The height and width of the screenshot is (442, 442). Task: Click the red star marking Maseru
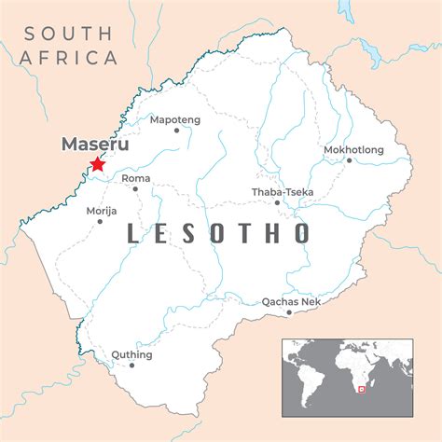point(96,165)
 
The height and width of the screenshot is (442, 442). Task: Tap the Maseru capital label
point(94,145)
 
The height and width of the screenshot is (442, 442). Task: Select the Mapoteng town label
point(174,118)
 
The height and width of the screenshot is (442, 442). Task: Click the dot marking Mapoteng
point(176,131)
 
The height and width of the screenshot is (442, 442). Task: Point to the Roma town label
point(135,176)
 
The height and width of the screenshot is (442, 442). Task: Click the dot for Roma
point(135,188)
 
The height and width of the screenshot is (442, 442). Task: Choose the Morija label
point(102,211)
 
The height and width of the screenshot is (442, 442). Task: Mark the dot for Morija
point(102,222)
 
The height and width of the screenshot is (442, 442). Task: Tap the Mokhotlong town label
point(352,148)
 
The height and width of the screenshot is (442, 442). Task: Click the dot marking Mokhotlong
point(350,159)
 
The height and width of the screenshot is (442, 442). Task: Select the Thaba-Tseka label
point(283,191)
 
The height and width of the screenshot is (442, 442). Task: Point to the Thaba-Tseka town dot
point(277,202)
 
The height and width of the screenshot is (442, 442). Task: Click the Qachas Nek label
point(290,300)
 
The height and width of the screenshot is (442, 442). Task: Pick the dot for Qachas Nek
point(289,312)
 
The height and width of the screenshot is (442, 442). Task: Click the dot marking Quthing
point(131,365)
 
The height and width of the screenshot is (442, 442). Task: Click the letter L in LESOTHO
point(133,233)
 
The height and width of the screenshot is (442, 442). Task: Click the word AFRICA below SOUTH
point(69,58)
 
